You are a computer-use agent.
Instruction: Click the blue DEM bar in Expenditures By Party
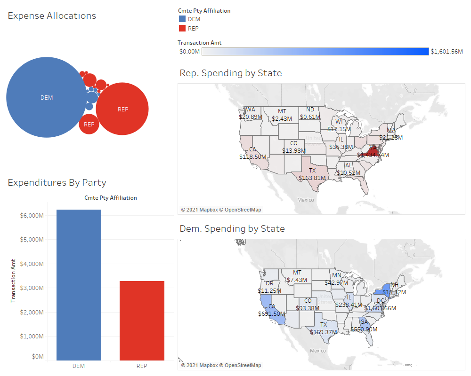79,285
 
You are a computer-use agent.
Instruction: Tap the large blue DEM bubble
47,97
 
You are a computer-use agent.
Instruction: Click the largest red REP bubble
122,109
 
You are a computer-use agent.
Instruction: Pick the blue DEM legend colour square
182,19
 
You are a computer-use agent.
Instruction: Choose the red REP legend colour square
182,29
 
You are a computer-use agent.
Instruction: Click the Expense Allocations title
52,16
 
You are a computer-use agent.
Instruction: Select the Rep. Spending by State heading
231,73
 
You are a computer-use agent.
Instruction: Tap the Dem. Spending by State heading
232,229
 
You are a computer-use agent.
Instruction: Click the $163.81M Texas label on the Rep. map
312,178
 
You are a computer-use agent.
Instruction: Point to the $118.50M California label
253,157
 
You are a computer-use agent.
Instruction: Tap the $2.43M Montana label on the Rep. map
282,118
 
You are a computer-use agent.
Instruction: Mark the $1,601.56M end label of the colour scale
447,52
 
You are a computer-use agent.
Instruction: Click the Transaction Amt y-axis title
14,280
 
